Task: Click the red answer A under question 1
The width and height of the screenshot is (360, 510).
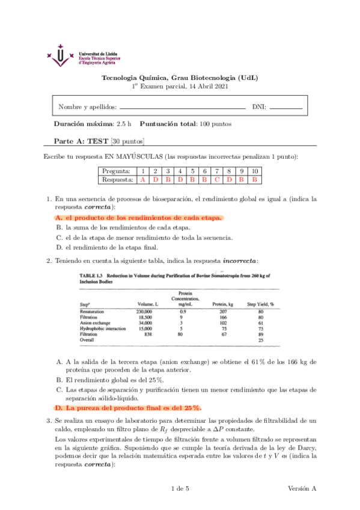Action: pos(142,179)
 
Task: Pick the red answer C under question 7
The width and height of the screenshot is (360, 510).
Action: pos(216,179)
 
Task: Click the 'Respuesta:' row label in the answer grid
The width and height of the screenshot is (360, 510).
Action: pos(118,179)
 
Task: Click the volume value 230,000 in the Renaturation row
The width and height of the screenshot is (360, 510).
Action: pos(148,312)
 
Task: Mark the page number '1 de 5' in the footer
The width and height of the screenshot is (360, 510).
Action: pos(180,487)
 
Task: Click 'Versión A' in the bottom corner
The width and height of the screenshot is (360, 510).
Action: pos(302,487)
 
